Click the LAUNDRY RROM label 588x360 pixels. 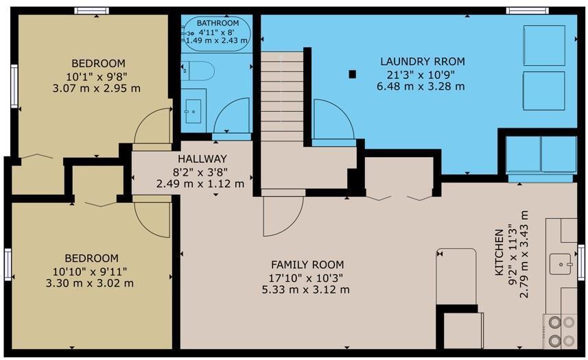pos(422,62)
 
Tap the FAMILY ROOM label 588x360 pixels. pos(307,265)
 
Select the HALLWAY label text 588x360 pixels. pos(202,159)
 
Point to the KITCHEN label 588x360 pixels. pos(499,252)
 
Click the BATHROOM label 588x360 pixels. pos(218,23)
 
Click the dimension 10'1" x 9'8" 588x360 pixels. pos(97,77)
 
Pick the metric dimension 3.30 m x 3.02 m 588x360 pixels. pos(90,283)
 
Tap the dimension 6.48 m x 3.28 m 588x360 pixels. pos(421,86)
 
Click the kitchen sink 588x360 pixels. pos(561,264)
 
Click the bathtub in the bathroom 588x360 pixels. pos(217,34)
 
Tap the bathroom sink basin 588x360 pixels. pos(193,111)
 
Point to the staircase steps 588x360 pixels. pos(282,97)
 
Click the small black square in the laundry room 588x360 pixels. pos(352,74)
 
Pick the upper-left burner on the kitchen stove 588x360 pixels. pos(555,322)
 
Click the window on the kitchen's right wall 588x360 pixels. pos(581,262)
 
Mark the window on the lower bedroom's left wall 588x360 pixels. pos(8,265)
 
